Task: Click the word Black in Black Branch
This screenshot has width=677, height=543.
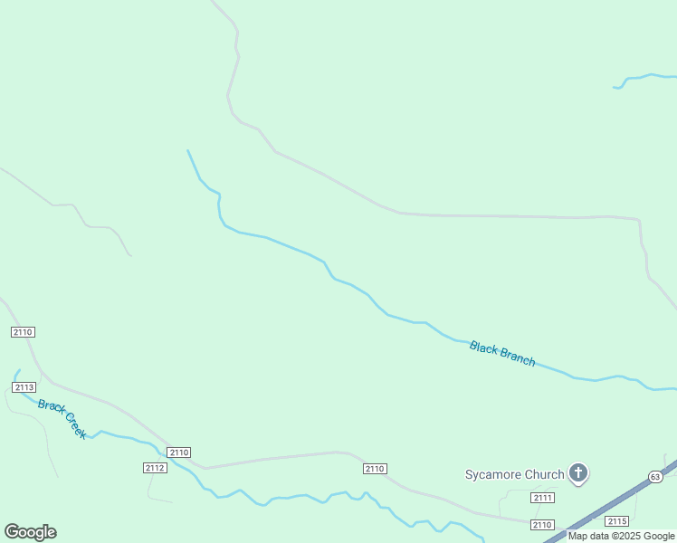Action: click(483, 348)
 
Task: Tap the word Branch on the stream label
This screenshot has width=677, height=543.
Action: click(516, 357)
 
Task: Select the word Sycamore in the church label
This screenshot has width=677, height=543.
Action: click(495, 474)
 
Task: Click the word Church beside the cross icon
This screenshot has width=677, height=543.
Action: click(546, 474)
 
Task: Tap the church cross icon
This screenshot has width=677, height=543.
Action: click(578, 472)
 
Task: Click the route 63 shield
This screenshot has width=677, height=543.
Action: click(655, 477)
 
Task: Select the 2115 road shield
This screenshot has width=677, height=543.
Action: click(617, 521)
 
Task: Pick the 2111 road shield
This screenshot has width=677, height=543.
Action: click(543, 498)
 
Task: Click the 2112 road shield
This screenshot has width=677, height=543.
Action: click(155, 468)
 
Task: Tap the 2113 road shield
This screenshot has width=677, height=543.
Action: click(24, 387)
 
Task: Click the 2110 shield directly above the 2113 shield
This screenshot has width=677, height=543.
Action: click(24, 332)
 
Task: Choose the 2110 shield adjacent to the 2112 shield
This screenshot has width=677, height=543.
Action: click(179, 452)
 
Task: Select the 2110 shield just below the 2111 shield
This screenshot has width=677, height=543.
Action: click(542, 525)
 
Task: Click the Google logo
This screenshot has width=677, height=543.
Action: click(31, 532)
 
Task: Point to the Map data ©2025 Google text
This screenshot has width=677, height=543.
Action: click(621, 536)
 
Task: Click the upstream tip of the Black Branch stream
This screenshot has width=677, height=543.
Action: click(187, 150)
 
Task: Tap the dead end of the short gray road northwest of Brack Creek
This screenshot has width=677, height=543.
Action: click(130, 255)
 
